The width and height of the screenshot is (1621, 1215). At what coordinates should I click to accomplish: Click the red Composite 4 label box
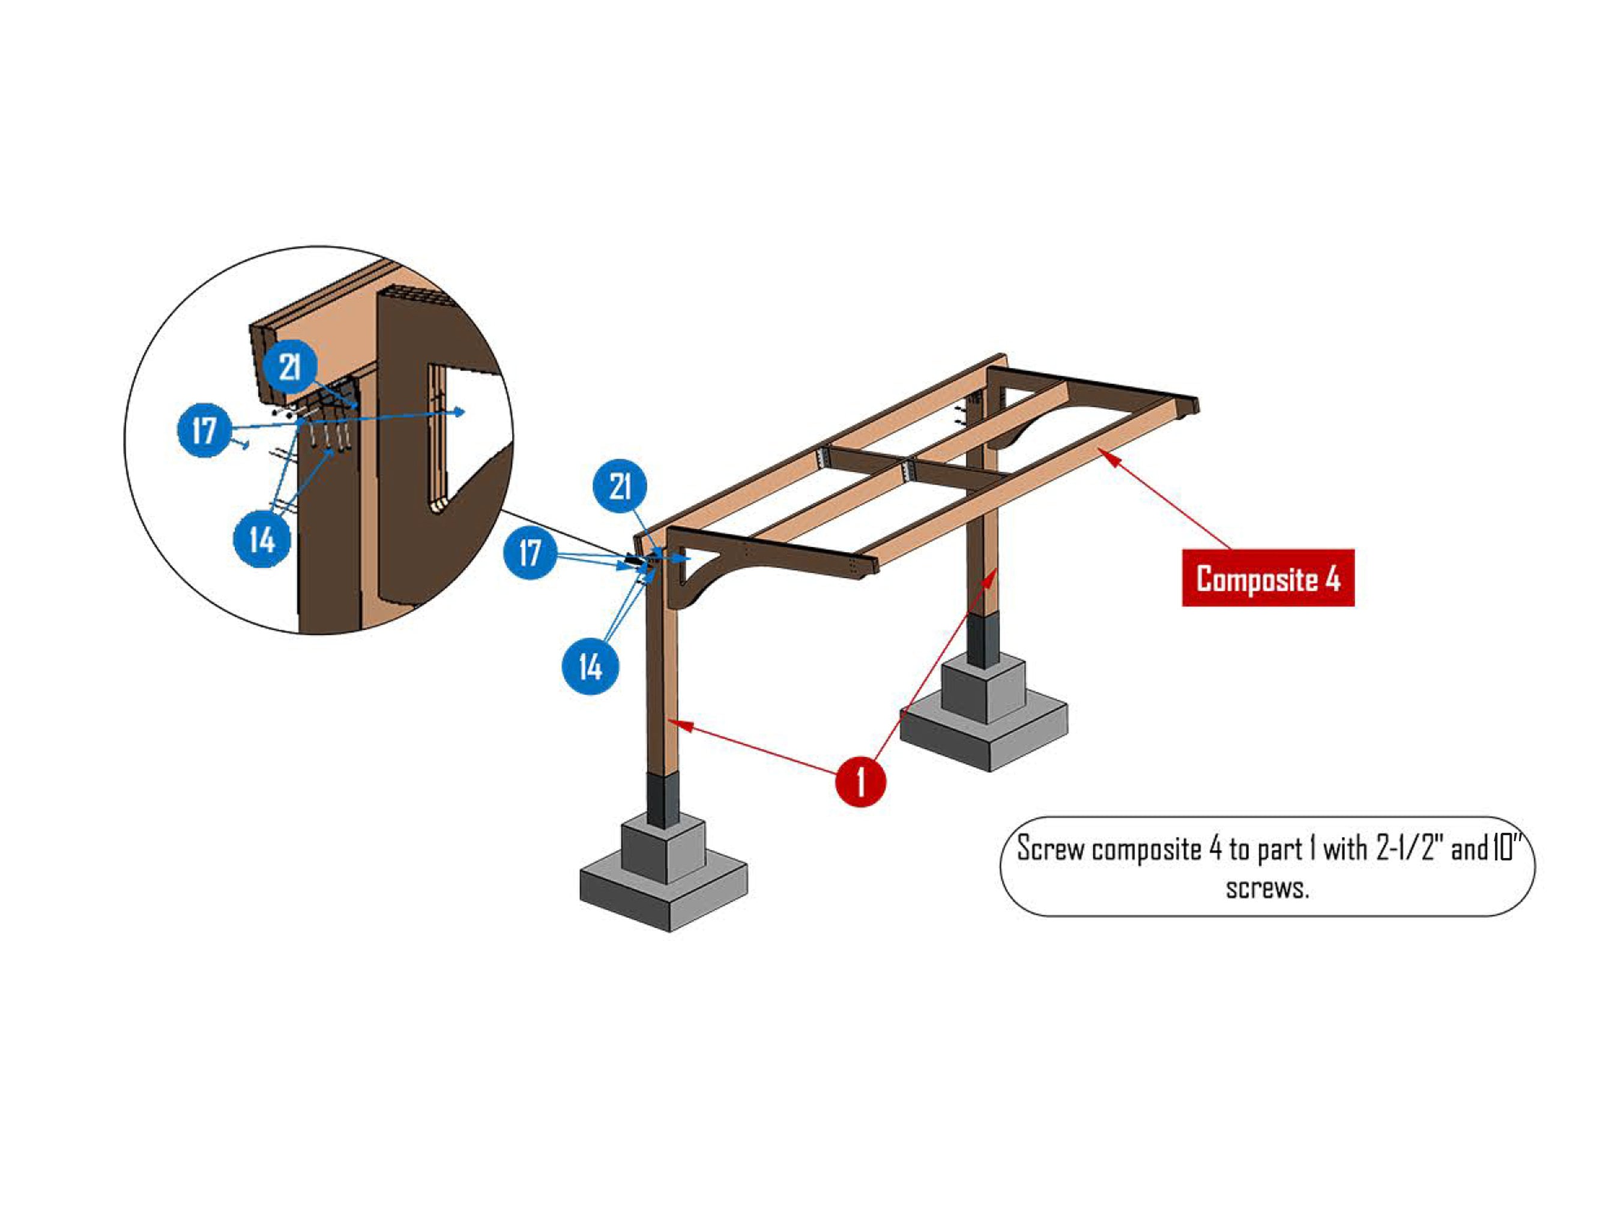pyautogui.click(x=1268, y=578)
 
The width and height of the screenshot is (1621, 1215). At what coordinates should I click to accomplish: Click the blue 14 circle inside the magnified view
pyautogui.click(x=262, y=540)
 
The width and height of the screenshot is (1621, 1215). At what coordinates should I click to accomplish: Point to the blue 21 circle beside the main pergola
pyautogui.click(x=620, y=486)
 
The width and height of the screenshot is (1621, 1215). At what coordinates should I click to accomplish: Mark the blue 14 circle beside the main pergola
pyautogui.click(x=590, y=667)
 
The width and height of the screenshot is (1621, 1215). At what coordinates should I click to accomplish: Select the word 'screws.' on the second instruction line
pyautogui.click(x=1267, y=889)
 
